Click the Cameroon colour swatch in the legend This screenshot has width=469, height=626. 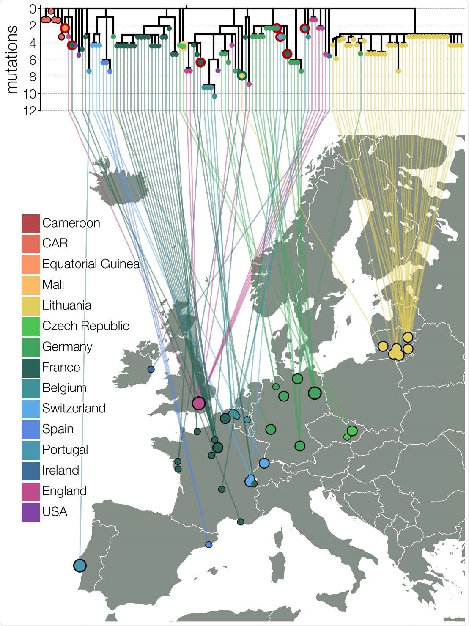click(30, 223)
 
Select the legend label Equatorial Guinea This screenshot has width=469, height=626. click(91, 264)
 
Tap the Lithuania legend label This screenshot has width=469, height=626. click(66, 305)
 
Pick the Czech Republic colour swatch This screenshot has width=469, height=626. click(30, 326)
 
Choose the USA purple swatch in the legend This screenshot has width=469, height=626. click(30, 512)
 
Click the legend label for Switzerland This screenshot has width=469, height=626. click(74, 408)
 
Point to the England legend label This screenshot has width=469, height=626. click(64, 491)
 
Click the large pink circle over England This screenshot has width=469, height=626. click(198, 403)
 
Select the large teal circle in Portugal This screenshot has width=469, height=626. click(80, 565)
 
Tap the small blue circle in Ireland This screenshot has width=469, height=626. click(151, 369)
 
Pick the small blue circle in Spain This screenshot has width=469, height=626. click(208, 544)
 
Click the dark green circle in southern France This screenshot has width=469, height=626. click(241, 522)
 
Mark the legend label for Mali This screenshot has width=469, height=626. click(53, 285)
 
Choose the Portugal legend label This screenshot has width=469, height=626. click(65, 450)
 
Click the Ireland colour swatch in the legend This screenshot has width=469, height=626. click(30, 470)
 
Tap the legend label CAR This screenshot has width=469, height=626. click(55, 243)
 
